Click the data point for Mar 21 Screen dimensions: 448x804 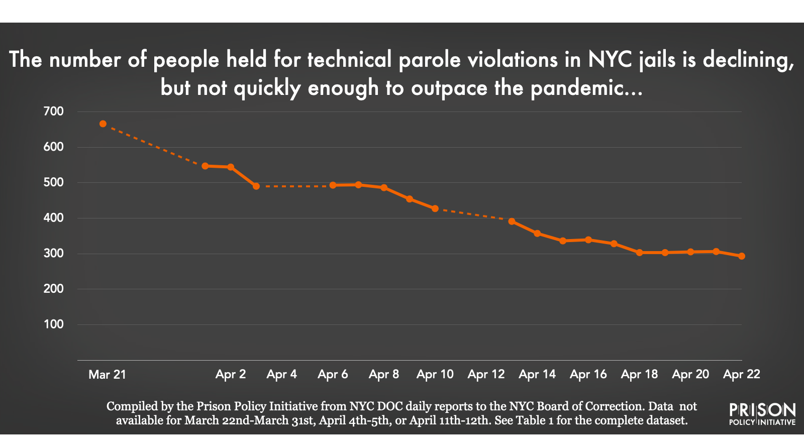pyautogui.click(x=103, y=124)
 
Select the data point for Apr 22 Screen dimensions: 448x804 pyautogui.click(x=741, y=256)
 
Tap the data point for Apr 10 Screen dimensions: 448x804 pyautogui.click(x=435, y=208)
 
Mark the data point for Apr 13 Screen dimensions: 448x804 pyautogui.click(x=512, y=221)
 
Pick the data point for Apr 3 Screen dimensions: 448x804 pyautogui.click(x=256, y=186)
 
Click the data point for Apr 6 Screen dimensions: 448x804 pyautogui.click(x=333, y=185)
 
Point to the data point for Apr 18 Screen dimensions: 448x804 pyautogui.click(x=639, y=253)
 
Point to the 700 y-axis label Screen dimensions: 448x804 pyautogui.click(x=54, y=111)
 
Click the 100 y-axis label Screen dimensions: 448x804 pyautogui.click(x=54, y=324)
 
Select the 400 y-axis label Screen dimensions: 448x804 pyautogui.click(x=54, y=218)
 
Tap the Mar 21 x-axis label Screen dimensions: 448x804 pyautogui.click(x=107, y=375)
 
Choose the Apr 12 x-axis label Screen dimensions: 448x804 pyautogui.click(x=486, y=375)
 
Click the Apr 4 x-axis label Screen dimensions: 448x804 pyautogui.click(x=281, y=375)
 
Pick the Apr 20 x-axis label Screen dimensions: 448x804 pyautogui.click(x=690, y=375)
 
